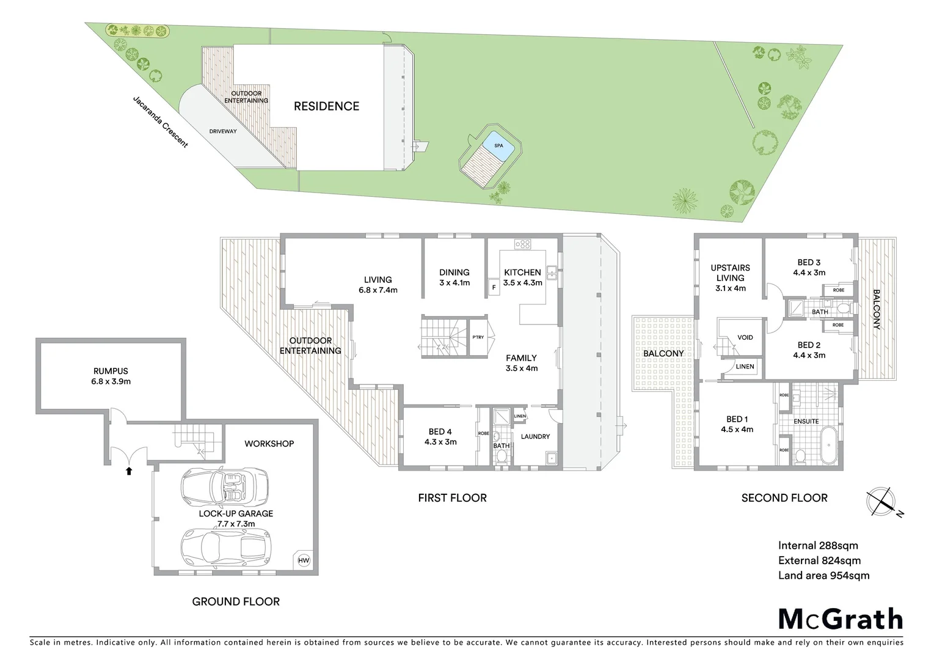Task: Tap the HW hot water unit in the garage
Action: coord(303,560)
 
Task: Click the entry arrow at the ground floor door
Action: coord(128,471)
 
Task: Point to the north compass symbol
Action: coord(881,501)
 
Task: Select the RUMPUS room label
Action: coord(111,371)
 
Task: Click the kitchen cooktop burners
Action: coord(523,244)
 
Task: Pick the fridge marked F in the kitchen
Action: coord(494,287)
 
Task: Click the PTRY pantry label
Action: coord(478,337)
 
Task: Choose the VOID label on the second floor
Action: coord(745,337)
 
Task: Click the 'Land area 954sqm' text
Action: coord(823,575)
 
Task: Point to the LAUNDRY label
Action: coord(535,436)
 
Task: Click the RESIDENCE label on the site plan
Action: coord(326,106)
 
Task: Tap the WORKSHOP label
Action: coord(269,444)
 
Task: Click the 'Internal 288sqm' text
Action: coord(818,546)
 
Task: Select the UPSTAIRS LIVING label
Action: coord(730,273)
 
